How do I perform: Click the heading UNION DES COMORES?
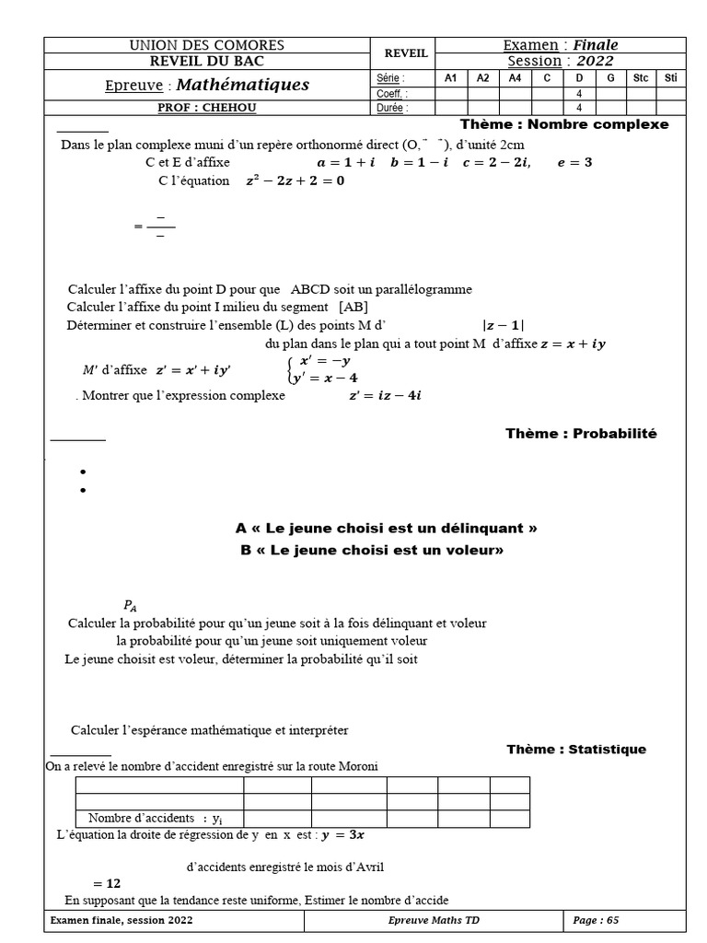click(x=206, y=45)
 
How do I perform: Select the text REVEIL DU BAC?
click(x=206, y=62)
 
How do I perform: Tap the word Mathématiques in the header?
click(x=242, y=86)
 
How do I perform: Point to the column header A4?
click(x=515, y=79)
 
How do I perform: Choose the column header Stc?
click(x=641, y=79)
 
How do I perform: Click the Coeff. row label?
click(x=392, y=94)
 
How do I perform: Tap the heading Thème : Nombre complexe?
click(x=564, y=124)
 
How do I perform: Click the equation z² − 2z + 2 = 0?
click(x=295, y=180)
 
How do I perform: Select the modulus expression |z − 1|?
click(x=504, y=324)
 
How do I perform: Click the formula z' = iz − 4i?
click(x=385, y=395)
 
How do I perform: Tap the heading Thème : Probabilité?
click(x=581, y=433)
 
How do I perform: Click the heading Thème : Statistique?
click(x=576, y=749)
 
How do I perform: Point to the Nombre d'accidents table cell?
click(x=158, y=818)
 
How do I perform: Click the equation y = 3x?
click(x=350, y=835)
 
